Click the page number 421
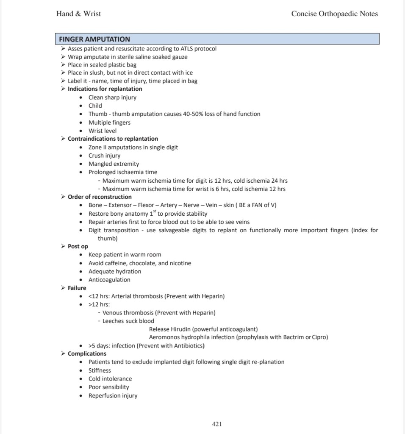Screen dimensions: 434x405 click(216, 424)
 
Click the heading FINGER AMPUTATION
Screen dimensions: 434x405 click(94, 39)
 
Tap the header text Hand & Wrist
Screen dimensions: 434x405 click(78, 14)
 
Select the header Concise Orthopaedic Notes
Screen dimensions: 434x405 click(334, 14)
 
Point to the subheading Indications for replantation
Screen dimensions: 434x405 click(105, 89)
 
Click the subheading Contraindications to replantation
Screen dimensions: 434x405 click(113, 139)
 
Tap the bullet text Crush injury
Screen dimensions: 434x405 click(104, 156)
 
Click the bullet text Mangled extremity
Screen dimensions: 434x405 click(114, 164)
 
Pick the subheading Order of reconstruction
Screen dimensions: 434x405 click(100, 197)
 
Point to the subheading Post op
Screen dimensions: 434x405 click(78, 246)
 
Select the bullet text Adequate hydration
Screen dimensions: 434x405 click(115, 271)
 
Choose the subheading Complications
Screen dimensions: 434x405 click(87, 353)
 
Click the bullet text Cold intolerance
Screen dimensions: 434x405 click(110, 379)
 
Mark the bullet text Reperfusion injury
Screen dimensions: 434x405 click(113, 395)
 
